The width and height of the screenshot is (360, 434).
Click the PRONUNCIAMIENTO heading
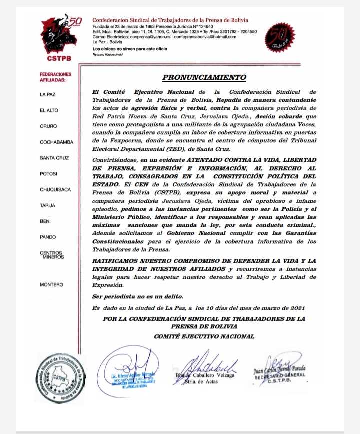[x=205, y=77]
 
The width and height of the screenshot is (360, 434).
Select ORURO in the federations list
[x=48, y=126]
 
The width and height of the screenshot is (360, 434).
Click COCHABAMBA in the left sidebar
[x=56, y=142]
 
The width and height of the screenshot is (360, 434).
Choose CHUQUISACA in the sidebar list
[x=56, y=190]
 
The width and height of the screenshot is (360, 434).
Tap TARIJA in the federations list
[x=48, y=206]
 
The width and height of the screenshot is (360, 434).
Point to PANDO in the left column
[x=48, y=237]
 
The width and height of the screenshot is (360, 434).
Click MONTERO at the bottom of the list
[x=51, y=285]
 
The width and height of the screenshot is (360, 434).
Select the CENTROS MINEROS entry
[x=51, y=255]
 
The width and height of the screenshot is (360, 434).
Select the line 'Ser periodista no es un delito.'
[x=134, y=296]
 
